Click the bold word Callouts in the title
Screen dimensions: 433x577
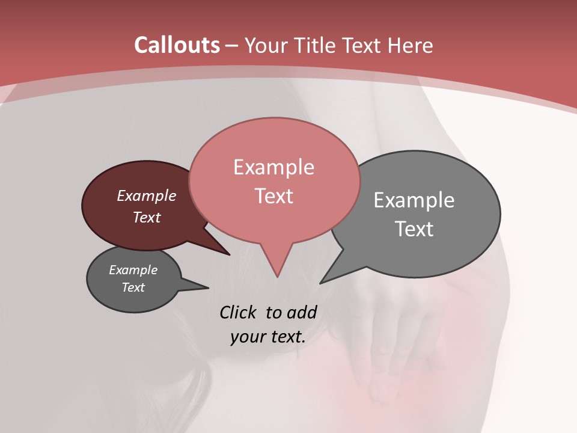click(177, 45)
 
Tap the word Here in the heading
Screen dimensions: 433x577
click(410, 45)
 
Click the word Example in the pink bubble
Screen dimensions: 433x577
click(273, 167)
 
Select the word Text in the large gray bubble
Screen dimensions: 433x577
click(415, 229)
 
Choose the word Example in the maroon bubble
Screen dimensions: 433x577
click(147, 195)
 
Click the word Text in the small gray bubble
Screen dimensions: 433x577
click(133, 287)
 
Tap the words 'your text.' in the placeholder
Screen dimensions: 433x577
click(268, 337)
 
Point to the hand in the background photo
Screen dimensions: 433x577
click(397, 337)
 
